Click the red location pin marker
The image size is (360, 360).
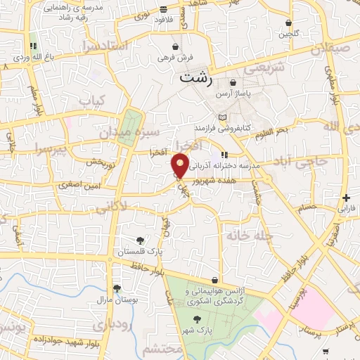tap(180, 166)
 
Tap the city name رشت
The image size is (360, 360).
tap(195, 77)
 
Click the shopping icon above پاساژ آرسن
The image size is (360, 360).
tap(233, 83)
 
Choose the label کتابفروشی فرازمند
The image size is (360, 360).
tap(223, 129)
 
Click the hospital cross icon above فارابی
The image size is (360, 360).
tap(345, 198)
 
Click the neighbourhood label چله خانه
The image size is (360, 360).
tap(247, 236)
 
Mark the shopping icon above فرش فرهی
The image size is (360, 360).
tap(174, 46)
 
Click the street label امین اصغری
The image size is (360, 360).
tap(104, 184)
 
